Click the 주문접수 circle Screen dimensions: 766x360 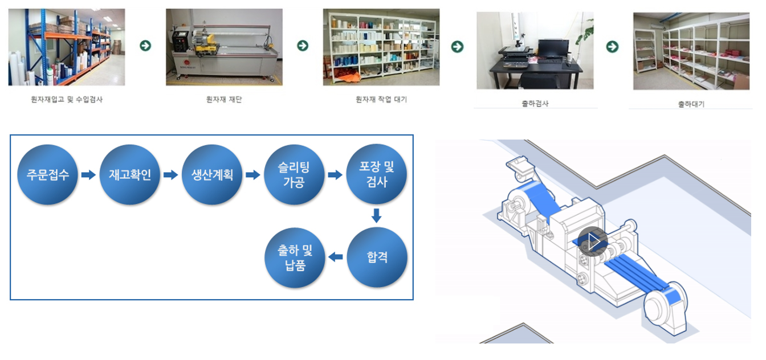coord(47,174)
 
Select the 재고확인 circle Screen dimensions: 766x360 coord(129,174)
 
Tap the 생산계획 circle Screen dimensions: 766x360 coord(212,174)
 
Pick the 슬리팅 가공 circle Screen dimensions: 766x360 coord(294,174)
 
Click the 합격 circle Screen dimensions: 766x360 coord(377,257)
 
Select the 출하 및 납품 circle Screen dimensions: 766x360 coord(295,257)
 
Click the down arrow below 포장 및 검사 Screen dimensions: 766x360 coord(377,215)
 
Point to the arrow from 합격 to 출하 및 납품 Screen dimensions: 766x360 coord(336,257)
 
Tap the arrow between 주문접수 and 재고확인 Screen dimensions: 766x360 coord(88,175)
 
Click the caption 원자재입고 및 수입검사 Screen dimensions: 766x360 coord(67,100)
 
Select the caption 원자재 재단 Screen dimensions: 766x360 coord(224,100)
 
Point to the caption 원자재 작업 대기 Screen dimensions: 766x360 coord(381,100)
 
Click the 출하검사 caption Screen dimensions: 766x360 coord(535,104)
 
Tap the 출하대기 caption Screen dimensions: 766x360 coord(691,104)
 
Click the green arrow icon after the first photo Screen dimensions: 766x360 coord(145,46)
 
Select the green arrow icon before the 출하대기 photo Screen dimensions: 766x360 coord(612,47)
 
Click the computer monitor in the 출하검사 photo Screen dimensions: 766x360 coord(553,49)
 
